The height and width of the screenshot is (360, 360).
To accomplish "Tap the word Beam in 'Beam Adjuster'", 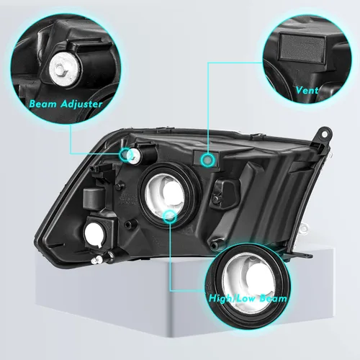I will [x=42, y=104].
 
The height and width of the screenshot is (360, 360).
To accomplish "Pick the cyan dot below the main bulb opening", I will [x=171, y=215].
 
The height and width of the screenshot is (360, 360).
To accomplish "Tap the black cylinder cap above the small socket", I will [x=91, y=199].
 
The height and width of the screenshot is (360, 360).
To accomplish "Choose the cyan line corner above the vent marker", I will [x=208, y=62].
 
